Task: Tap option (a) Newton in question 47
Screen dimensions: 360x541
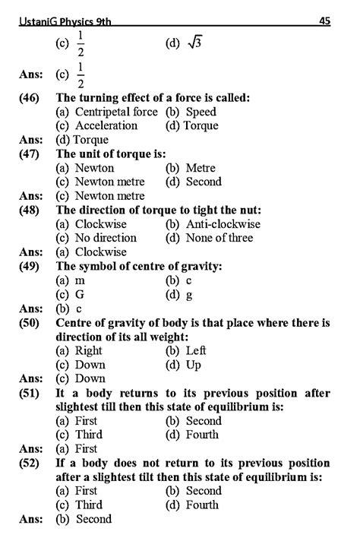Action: point(85,168)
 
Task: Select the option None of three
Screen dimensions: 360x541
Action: point(209,238)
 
